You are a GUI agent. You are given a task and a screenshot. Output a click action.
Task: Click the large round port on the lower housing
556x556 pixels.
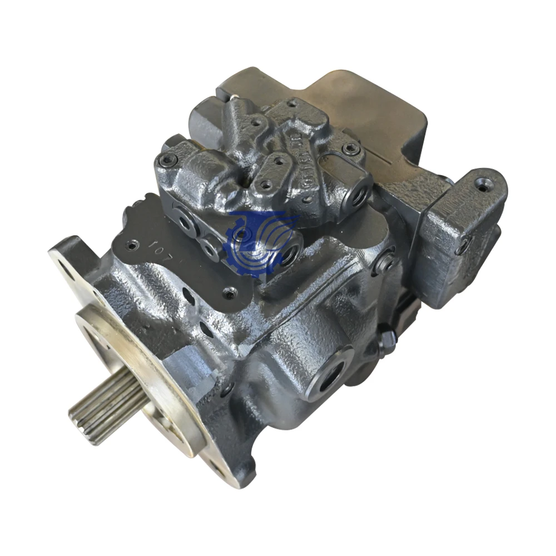[332, 374]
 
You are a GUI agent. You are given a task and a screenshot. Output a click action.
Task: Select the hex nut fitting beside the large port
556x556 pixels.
[387, 340]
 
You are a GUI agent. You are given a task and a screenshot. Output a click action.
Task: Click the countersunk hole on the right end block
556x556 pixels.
[483, 187]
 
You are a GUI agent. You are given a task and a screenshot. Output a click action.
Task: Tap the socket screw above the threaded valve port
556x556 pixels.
[350, 148]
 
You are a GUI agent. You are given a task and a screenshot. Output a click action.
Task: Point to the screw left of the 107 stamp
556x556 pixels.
[132, 243]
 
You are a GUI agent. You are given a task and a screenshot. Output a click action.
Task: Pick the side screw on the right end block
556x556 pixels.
[463, 244]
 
